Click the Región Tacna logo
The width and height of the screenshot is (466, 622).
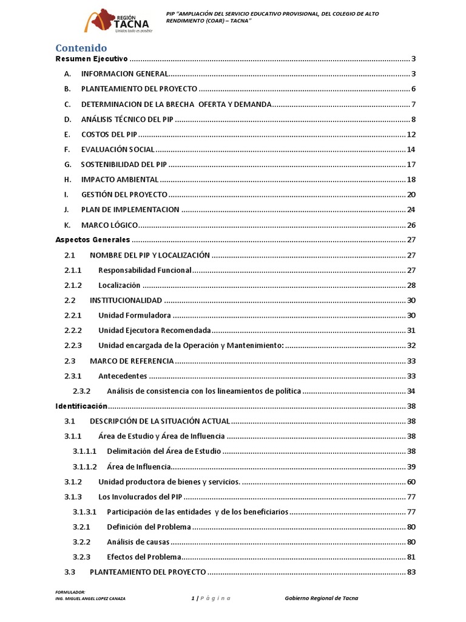[x=118, y=21]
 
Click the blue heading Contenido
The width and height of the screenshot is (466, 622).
[x=81, y=47]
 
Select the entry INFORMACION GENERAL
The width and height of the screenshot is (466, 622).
[x=124, y=74]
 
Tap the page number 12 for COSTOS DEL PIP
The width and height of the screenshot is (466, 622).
[x=411, y=134]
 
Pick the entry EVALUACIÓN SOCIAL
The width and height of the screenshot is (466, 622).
[x=118, y=149]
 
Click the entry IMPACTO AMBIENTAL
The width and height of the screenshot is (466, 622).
[x=120, y=180]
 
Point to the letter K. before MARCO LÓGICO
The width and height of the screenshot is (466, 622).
[x=67, y=225]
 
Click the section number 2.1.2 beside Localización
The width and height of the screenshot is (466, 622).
[x=73, y=285]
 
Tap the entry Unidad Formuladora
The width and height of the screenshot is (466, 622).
[x=134, y=315]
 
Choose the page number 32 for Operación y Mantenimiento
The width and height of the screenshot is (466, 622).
[x=411, y=346]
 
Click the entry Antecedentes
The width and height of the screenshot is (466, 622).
[x=123, y=376]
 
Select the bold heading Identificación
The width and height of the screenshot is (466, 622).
[x=81, y=406]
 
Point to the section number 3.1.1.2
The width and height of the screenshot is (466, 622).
[x=85, y=466]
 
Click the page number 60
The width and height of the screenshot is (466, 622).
[x=411, y=482]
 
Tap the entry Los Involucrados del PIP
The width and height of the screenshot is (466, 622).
[x=140, y=497]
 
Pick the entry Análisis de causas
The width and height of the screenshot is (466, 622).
[x=138, y=542]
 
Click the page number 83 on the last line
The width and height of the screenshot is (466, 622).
[x=411, y=572]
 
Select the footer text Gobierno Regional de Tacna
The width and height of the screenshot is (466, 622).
[x=322, y=598]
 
